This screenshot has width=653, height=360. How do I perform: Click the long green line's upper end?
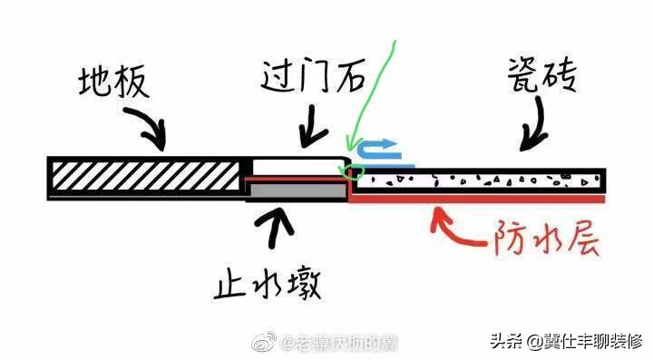395,41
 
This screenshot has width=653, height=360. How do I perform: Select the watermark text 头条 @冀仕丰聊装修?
567,341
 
